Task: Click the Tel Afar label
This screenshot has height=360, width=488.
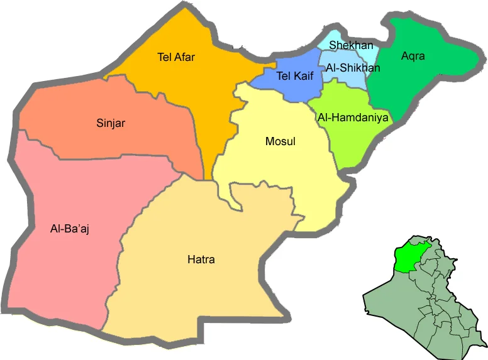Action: coord(176,58)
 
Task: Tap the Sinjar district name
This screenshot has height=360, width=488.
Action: coord(111,123)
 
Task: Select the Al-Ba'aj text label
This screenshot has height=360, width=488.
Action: coord(70,229)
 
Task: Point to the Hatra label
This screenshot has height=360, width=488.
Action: coord(201,259)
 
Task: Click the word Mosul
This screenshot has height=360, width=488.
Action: coord(280,141)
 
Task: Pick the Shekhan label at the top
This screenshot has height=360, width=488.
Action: coord(351,45)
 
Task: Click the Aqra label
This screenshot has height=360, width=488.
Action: coord(413,56)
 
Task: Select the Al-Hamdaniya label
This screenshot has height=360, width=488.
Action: coord(353,117)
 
